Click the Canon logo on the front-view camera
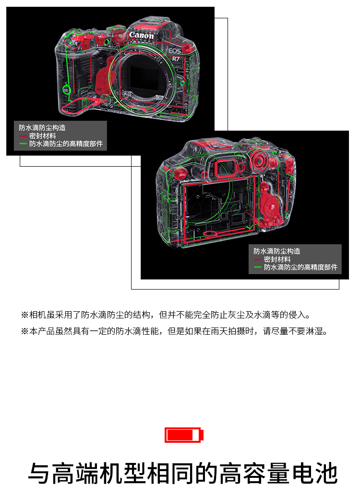click(141, 36)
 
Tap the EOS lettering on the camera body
click(174, 51)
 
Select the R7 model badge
click(176, 59)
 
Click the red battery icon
click(184, 435)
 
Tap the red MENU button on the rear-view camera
click(182, 175)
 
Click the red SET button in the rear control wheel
click(272, 207)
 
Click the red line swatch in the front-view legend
click(23, 136)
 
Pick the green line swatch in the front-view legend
click(23, 144)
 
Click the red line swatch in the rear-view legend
click(258, 259)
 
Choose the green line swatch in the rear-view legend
click(258, 267)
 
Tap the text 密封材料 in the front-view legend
click(43, 136)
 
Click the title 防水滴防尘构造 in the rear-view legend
click(276, 251)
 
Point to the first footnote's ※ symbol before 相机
click(24, 315)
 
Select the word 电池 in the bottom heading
click(315, 473)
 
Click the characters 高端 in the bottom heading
click(75, 473)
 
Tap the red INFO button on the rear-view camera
click(266, 189)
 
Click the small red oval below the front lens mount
click(149, 109)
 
